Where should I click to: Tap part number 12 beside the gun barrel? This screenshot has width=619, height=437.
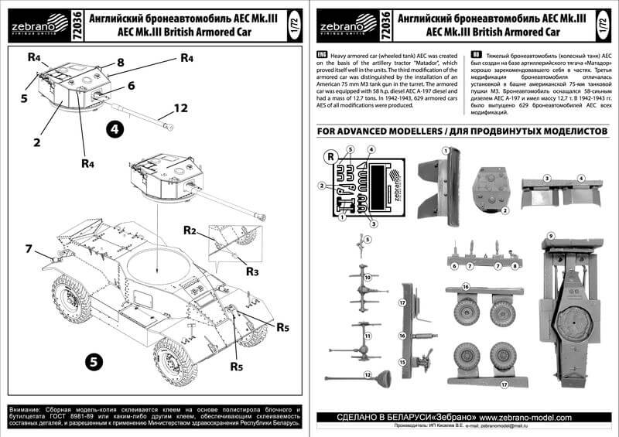coord(180,109)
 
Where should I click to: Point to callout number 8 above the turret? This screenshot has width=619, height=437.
coord(121,62)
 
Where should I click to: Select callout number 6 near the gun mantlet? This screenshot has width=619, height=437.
coord(131,86)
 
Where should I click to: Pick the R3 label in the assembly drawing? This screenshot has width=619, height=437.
coord(252,271)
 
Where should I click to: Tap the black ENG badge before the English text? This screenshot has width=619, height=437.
coord(323,57)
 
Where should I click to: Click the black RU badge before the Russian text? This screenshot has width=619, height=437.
coord(477,57)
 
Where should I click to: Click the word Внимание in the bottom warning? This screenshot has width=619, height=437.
coord(24,408)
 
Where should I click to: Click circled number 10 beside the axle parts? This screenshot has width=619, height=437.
coord(368,277)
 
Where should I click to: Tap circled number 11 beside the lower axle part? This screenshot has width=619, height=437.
coord(368,336)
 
